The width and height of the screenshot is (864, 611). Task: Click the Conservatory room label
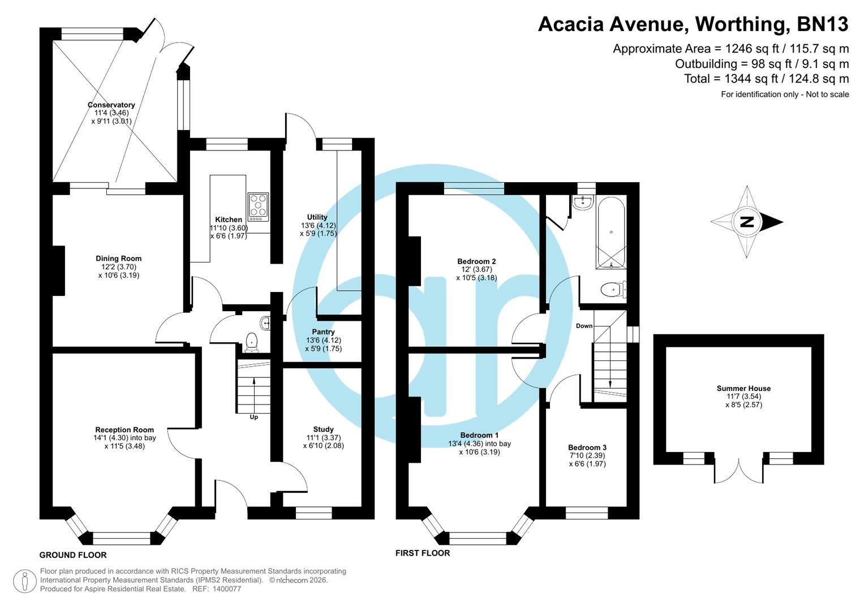[x=111, y=105]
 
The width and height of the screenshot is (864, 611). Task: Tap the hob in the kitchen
[x=258, y=206]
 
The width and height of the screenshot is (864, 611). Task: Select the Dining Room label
[x=118, y=259]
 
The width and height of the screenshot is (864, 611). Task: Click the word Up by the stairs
[x=253, y=417]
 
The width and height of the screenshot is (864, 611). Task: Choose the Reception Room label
[x=124, y=430]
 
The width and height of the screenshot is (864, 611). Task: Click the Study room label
[x=323, y=429]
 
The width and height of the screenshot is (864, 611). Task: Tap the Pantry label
[x=323, y=332]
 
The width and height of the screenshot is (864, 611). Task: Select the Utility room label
[x=317, y=217]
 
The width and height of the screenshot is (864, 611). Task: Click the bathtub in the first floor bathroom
[x=611, y=232]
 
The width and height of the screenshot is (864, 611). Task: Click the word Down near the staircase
[x=584, y=326]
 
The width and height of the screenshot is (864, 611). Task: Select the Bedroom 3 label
[x=587, y=448]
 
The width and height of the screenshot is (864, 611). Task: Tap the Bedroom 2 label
[x=476, y=261]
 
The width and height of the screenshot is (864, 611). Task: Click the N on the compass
[x=747, y=222]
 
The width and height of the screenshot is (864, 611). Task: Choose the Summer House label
[x=743, y=389]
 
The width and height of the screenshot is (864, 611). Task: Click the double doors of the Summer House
[x=739, y=471]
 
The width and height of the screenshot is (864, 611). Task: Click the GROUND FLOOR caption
[x=73, y=555]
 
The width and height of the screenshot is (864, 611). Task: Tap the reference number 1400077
[x=226, y=589]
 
